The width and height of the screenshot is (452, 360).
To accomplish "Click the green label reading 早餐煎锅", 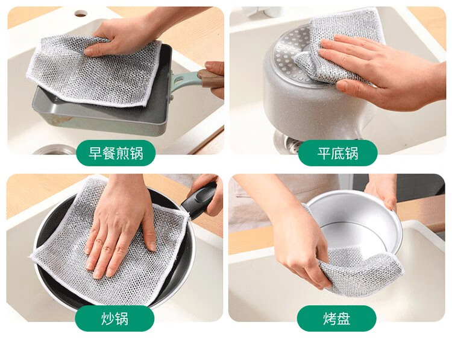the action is click(x=116, y=153).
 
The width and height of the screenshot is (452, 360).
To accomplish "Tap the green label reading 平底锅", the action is click(x=337, y=153).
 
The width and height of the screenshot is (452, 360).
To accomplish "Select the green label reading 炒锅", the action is click(x=115, y=318).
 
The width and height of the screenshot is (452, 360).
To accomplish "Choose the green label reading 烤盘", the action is click(x=337, y=318).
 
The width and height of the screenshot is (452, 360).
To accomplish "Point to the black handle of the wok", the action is click(x=199, y=200).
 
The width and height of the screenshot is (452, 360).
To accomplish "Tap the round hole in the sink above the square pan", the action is click(x=80, y=13).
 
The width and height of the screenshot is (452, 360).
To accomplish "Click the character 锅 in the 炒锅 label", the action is click(x=121, y=319).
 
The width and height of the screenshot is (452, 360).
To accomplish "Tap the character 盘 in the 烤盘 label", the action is click(x=344, y=319).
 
